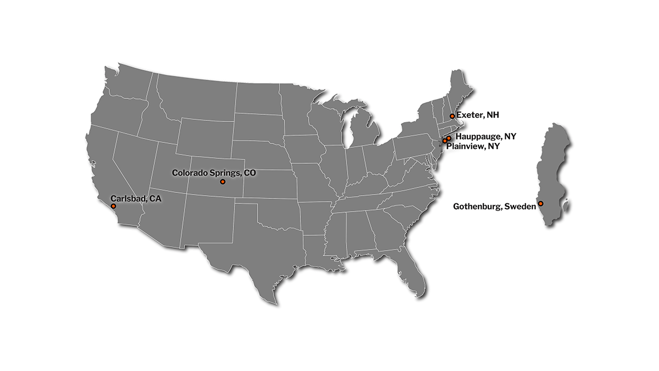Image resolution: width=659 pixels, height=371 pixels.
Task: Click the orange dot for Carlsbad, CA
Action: click(x=113, y=206)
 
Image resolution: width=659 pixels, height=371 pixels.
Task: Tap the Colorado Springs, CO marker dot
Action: click(x=222, y=181)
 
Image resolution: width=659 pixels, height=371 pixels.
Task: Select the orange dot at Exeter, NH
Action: click(x=452, y=116)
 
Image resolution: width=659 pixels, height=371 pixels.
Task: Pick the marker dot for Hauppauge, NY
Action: click(x=449, y=138)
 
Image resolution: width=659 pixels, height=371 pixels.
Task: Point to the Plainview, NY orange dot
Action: click(x=445, y=141)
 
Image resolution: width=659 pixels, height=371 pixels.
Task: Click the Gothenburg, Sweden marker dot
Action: click(x=540, y=203)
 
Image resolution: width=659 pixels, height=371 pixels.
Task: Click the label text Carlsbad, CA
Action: click(x=136, y=198)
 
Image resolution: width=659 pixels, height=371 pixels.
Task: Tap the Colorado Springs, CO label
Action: click(x=214, y=173)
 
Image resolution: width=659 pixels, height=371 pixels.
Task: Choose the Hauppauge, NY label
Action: click(x=486, y=136)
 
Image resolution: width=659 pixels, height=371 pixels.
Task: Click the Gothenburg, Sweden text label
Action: click(x=494, y=207)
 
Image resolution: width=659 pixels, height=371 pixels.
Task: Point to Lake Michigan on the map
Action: click(x=348, y=132)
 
